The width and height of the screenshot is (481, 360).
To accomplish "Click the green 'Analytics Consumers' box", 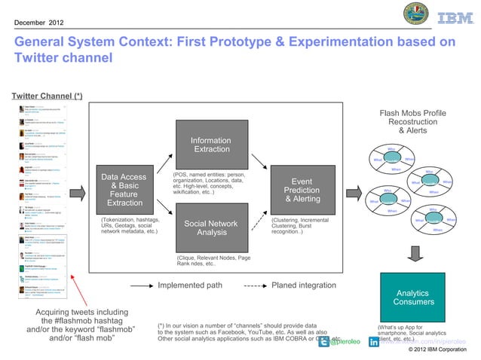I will (x=412, y=297).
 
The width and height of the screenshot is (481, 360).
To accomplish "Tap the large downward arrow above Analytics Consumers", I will (x=412, y=253).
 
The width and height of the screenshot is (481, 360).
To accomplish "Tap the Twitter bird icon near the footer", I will (x=324, y=341).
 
